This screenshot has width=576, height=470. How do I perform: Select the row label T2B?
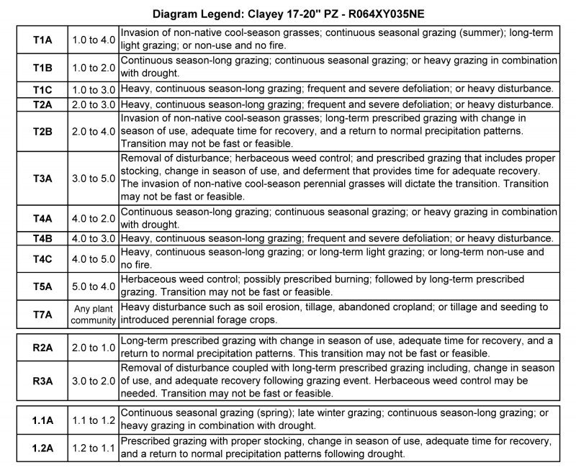pyautogui.click(x=42, y=131)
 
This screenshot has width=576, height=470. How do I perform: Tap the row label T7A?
pyautogui.click(x=42, y=315)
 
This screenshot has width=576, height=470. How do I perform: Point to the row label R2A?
pyautogui.click(x=42, y=348)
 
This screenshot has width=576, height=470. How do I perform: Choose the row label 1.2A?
pyautogui.click(x=42, y=447)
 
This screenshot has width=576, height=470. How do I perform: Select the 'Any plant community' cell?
pyautogui.click(x=94, y=315)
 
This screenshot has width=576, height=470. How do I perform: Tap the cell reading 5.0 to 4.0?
pyautogui.click(x=94, y=286)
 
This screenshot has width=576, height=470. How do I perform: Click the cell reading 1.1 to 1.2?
pyautogui.click(x=94, y=419)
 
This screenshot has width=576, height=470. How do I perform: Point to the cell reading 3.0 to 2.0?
pyautogui.click(x=94, y=381)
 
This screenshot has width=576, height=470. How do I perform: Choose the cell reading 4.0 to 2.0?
pyautogui.click(x=94, y=218)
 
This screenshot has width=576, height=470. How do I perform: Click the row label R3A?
pyautogui.click(x=42, y=381)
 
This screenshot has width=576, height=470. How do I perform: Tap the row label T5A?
pyautogui.click(x=42, y=286)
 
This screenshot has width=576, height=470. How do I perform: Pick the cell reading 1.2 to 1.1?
pyautogui.click(x=94, y=447)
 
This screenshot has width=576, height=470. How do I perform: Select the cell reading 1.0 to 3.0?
pyautogui.click(x=94, y=89)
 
